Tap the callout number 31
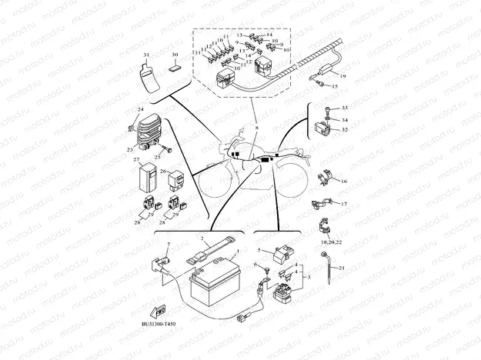coord(145,55)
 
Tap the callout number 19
coord(343,78)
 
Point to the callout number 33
coord(345,108)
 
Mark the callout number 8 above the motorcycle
coord(256,123)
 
